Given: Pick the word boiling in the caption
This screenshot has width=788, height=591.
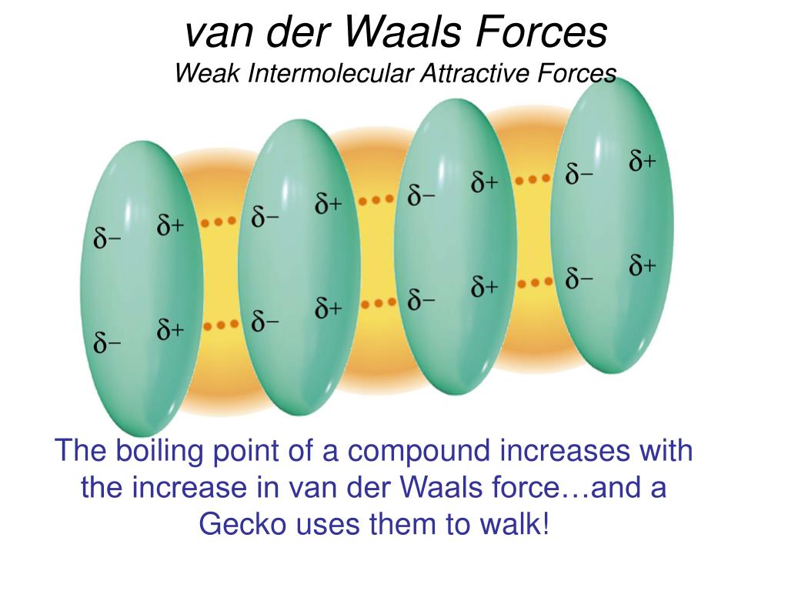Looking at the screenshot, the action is pyautogui.click(x=160, y=451).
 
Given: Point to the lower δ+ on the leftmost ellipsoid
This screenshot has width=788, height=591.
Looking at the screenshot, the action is pyautogui.click(x=171, y=331).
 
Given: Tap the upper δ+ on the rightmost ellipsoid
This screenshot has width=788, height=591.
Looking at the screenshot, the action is pyautogui.click(x=643, y=162).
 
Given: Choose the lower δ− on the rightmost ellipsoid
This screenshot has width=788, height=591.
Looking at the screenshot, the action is pyautogui.click(x=579, y=279).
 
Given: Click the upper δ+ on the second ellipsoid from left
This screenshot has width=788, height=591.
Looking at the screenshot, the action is pyautogui.click(x=329, y=204).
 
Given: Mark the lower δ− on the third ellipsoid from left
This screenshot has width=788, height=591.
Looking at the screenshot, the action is pyautogui.click(x=422, y=299).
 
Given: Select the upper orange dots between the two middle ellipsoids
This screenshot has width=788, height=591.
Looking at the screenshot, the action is pyautogui.click(x=376, y=200).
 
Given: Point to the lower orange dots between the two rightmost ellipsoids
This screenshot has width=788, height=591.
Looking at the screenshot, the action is pyautogui.click(x=533, y=282).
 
